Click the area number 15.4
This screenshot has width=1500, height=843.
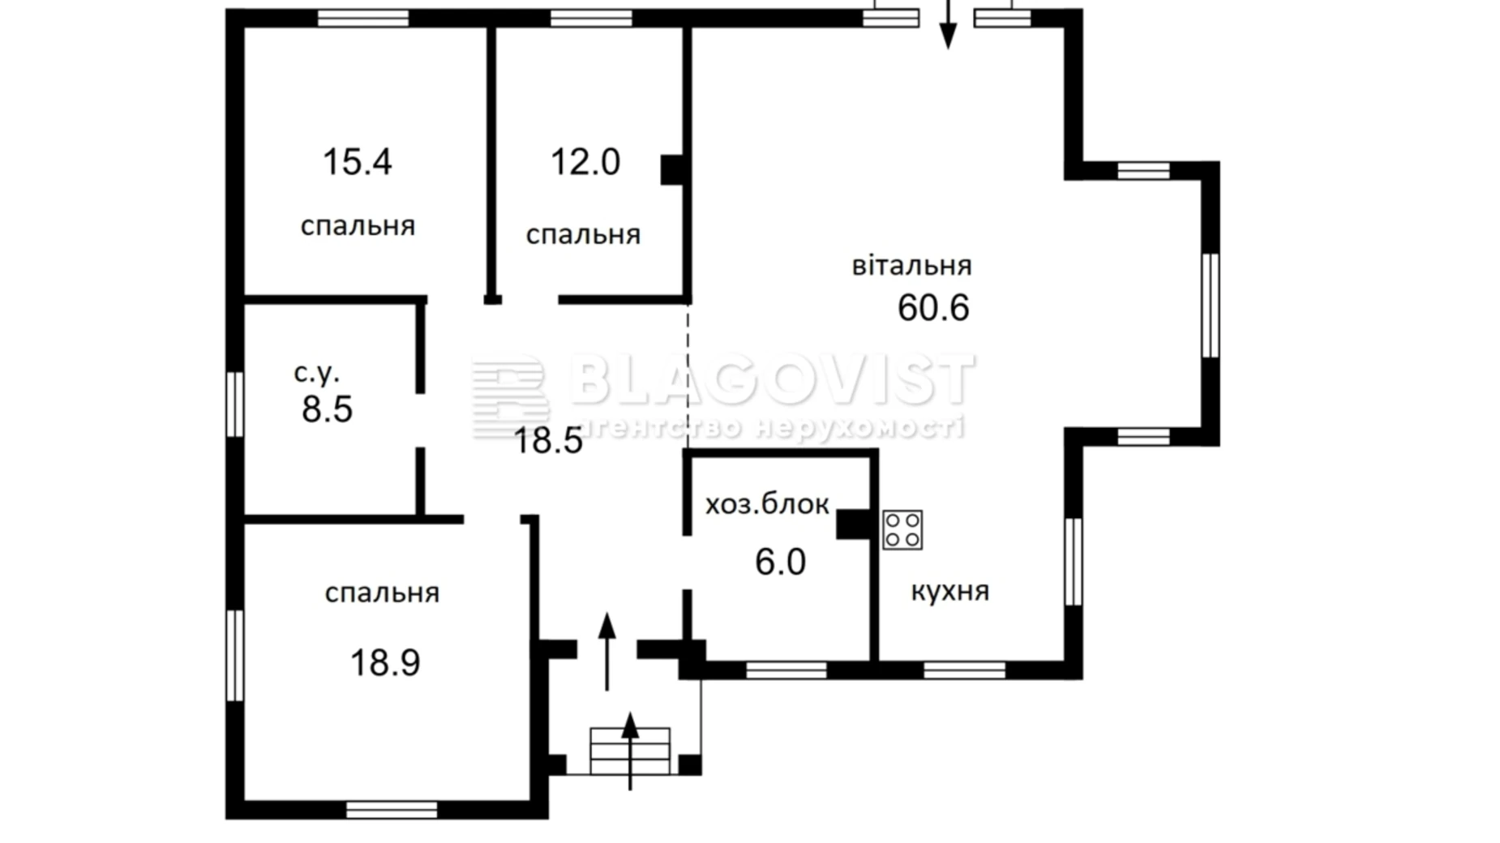357,161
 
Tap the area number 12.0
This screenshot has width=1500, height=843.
585,161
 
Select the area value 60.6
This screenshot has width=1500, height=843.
933,307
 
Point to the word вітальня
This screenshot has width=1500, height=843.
911,266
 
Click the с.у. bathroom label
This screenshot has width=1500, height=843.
316,373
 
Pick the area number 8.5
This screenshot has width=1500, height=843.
327,409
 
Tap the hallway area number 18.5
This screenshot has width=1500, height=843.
548,441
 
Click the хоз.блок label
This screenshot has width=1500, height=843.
767,504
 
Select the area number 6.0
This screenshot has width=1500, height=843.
780,562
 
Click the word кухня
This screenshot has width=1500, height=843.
950,591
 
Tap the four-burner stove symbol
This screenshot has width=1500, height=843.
902,529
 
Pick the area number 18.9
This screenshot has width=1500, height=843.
385,662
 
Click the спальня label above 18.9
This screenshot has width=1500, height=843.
382,593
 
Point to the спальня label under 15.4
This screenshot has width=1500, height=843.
358,225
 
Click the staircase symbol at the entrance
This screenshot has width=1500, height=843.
630,751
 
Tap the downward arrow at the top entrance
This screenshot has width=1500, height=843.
947,24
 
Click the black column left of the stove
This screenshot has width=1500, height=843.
854,524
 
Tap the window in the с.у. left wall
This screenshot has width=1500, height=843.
234,404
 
